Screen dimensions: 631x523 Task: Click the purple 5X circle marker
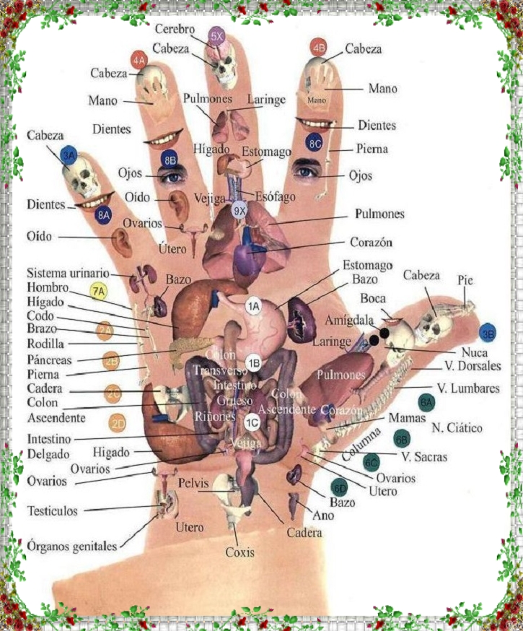pos(216,35)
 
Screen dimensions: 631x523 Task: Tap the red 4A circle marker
pos(139,59)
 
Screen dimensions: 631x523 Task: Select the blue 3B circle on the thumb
pos(488,333)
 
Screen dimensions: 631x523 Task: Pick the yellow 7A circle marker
pos(99,291)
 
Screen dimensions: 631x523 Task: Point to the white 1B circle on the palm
pos(252,362)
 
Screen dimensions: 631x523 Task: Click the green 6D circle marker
pos(338,487)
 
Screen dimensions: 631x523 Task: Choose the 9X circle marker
pos(240,210)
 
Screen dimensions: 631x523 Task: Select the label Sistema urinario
pos(68,274)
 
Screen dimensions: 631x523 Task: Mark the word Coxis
pos(239,553)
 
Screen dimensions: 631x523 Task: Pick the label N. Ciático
pos(457,428)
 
